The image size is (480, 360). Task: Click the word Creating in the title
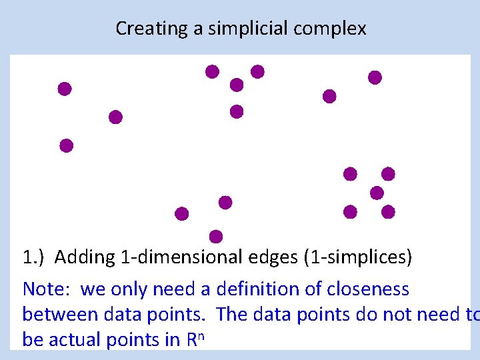point(141,29)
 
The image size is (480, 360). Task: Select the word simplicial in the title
point(233,29)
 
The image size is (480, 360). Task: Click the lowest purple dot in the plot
point(215,236)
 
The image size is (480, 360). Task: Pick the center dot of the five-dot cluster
point(377,193)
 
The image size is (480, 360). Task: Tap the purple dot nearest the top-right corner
point(375,77)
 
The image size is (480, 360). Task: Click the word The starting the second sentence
point(232,314)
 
